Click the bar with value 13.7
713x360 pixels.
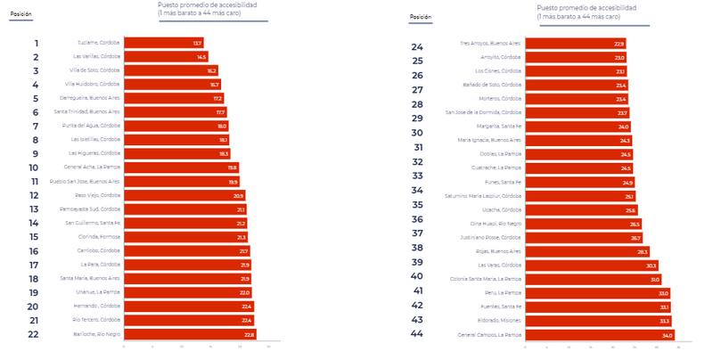[163, 43]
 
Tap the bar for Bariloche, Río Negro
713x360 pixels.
[190, 334]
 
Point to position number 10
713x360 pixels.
[34, 168]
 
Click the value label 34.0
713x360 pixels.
[668, 335]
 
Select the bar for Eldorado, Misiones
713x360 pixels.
[598, 321]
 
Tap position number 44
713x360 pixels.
[417, 334]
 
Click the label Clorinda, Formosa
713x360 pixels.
[99, 237]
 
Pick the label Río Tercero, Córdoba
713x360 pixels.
[96, 320]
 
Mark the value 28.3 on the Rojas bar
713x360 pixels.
[642, 251]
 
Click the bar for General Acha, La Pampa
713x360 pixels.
[181, 168]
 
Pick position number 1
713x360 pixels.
[36, 43]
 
